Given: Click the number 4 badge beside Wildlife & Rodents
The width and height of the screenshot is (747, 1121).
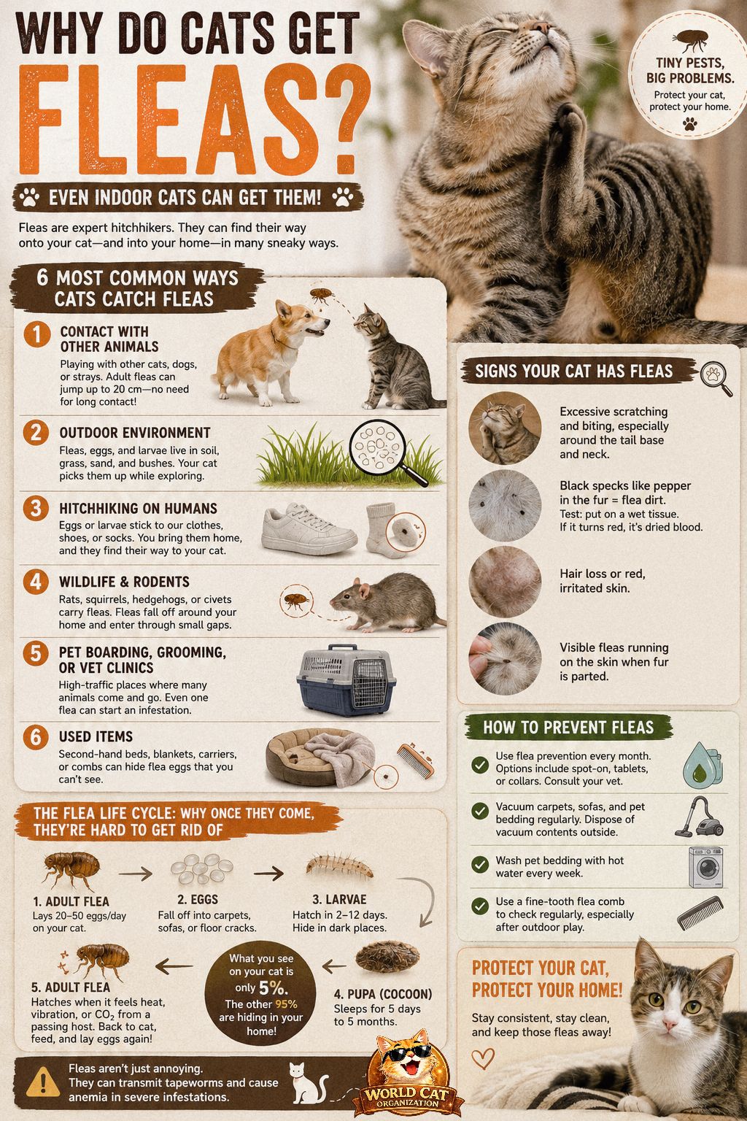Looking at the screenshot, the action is pyautogui.click(x=36, y=582).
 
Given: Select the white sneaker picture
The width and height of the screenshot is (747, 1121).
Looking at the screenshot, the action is pyautogui.click(x=308, y=529).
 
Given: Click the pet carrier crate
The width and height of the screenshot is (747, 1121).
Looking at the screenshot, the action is pyautogui.click(x=347, y=679).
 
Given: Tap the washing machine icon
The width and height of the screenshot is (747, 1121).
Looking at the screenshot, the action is pyautogui.click(x=706, y=867).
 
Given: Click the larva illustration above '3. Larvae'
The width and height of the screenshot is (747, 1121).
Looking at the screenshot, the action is pyautogui.click(x=340, y=866).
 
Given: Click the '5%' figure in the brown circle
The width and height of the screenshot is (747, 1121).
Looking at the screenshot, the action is pyautogui.click(x=273, y=987).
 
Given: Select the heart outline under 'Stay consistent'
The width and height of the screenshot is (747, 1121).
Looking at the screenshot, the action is pyautogui.click(x=483, y=1058).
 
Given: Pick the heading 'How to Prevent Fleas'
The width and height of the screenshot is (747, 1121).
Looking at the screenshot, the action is pyautogui.click(x=568, y=727).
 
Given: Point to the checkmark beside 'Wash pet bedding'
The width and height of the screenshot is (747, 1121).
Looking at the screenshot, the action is pyautogui.click(x=480, y=864).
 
